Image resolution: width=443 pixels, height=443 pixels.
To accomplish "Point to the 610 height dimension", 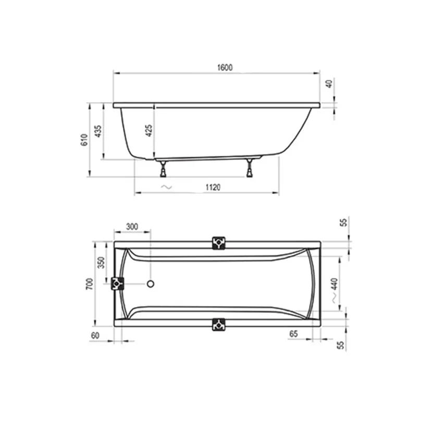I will click(83, 140).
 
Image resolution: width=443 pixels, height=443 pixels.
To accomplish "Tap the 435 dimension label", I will click(98, 131).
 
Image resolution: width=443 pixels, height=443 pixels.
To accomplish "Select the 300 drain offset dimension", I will click(132, 226).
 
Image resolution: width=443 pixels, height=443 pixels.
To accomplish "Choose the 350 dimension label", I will click(102, 263).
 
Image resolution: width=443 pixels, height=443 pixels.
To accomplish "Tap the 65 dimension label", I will click(293, 334).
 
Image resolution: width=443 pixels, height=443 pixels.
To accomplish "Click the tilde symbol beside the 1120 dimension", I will click(165, 187).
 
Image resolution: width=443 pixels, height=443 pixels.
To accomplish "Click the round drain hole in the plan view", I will click(151, 284).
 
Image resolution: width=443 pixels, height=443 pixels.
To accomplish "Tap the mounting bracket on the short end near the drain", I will click(117, 284).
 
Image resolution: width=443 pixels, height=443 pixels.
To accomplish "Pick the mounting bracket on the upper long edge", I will click(218, 243).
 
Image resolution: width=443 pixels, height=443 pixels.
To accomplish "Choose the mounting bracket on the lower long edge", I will click(218, 325).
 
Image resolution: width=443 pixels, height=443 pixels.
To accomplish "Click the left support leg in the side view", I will click(164, 168).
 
